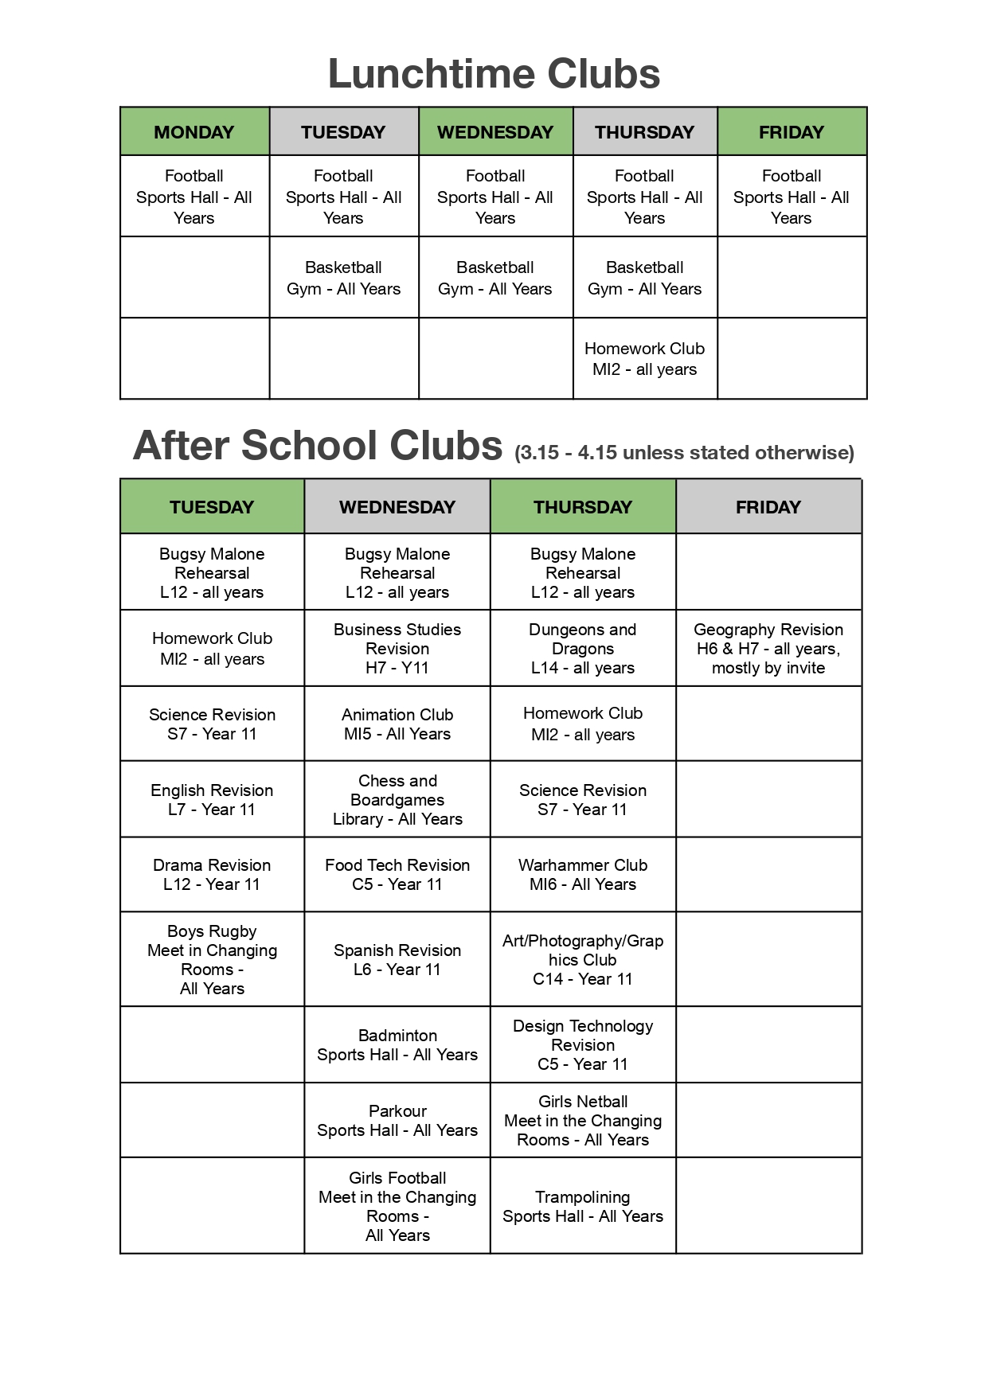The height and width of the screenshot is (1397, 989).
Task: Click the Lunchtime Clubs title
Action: [x=494, y=74]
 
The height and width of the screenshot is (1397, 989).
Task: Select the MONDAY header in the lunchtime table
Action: [x=194, y=132]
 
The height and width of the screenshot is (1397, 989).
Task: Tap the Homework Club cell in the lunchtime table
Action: [x=644, y=358]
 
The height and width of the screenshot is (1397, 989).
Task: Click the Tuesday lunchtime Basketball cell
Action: [x=343, y=278]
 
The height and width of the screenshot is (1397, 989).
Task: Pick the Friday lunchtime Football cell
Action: [x=791, y=197]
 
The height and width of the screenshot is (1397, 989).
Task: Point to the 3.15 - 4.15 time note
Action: [x=684, y=453]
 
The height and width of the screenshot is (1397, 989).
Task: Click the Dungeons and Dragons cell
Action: [x=582, y=648]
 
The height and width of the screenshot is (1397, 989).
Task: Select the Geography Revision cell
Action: [x=768, y=648]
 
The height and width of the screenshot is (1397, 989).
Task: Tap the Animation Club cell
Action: [x=397, y=724]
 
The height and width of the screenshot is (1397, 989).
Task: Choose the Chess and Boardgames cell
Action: [x=397, y=799]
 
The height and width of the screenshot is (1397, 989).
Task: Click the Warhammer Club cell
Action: [x=582, y=874]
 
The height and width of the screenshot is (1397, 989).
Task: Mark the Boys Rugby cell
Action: [x=212, y=959]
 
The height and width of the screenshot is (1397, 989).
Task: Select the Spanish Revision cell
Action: [x=397, y=959]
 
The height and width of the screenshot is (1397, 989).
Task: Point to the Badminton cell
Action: [x=397, y=1044]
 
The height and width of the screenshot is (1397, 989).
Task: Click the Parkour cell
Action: [x=397, y=1120]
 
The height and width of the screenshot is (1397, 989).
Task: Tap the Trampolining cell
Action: [x=582, y=1206]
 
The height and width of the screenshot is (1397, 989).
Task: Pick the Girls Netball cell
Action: [x=582, y=1120]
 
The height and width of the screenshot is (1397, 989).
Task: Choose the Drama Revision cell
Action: [x=212, y=874]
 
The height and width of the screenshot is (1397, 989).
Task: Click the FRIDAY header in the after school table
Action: [x=768, y=507]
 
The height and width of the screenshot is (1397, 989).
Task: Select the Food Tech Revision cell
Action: [x=397, y=874]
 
